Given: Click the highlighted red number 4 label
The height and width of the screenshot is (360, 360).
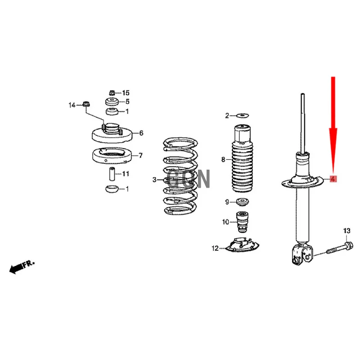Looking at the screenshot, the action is (333, 179).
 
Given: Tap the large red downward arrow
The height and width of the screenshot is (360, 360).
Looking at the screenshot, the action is (333, 126).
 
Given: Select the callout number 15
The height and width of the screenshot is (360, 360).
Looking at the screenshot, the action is (126, 93).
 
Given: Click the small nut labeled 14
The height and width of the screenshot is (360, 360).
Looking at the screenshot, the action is (86, 104).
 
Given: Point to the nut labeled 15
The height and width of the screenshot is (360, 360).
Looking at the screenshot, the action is (112, 93).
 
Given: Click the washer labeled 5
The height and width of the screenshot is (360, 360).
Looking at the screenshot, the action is (112, 101).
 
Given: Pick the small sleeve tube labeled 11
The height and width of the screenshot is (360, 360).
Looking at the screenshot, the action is (112, 174).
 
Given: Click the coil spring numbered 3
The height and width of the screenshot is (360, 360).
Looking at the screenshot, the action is (180, 176).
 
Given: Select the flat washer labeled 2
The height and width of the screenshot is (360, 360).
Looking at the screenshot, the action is (243, 115).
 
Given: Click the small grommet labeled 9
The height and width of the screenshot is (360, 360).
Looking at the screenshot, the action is (243, 202).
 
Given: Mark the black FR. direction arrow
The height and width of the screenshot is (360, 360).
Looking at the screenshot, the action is (22, 267).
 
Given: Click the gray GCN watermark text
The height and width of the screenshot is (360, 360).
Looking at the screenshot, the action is (188, 179).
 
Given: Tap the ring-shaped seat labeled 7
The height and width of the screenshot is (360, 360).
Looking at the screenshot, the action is (112, 156).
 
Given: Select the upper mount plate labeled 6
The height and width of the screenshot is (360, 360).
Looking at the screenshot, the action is (112, 133).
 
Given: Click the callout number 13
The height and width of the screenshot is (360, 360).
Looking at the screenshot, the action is (346, 230).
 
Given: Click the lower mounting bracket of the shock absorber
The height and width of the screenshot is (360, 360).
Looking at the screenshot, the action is (302, 254).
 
